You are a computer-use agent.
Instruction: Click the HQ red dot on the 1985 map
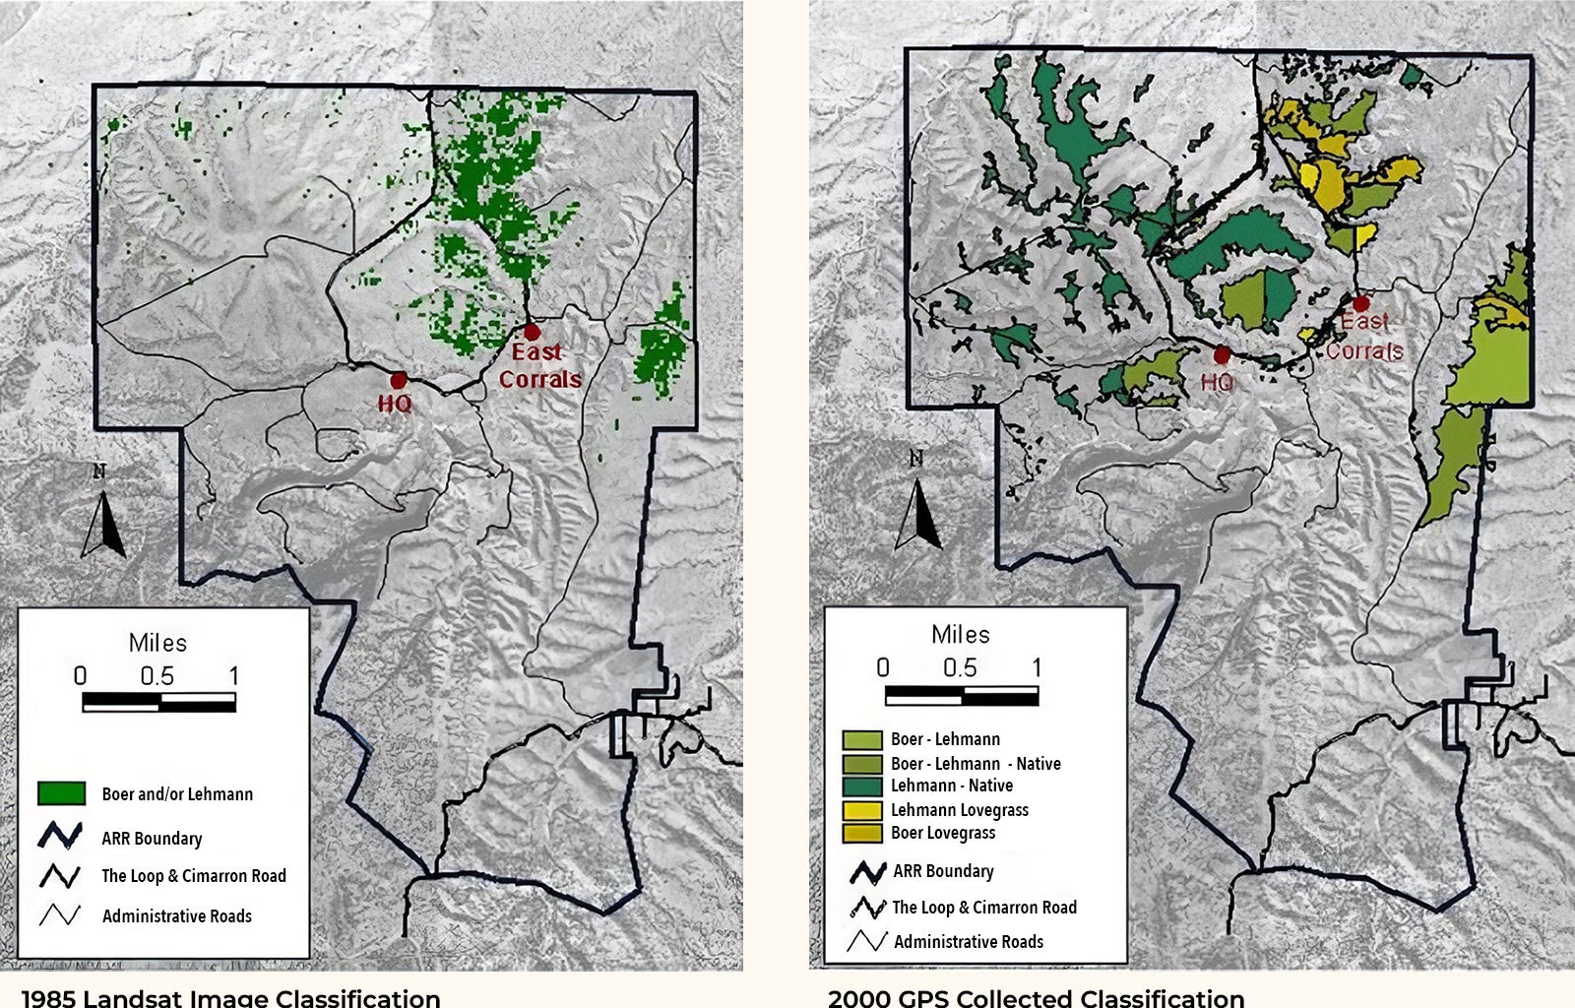(x=399, y=380)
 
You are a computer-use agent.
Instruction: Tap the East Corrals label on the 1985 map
(x=539, y=365)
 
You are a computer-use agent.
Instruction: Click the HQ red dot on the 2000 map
(x=1223, y=355)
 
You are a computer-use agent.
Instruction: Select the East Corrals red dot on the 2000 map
(x=1361, y=304)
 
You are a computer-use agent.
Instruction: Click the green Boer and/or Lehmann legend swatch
(x=61, y=793)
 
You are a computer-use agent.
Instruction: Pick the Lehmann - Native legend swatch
(x=862, y=786)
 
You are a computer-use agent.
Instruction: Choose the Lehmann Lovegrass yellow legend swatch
(x=862, y=810)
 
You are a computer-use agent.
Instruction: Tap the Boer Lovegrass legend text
(x=943, y=833)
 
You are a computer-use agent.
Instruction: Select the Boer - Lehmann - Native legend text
(x=976, y=763)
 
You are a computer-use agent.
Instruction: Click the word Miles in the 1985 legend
(x=157, y=643)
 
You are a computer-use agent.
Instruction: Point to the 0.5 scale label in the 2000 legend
(x=960, y=667)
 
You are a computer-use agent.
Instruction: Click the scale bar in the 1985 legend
(x=159, y=702)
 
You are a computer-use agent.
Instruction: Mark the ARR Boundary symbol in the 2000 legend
(x=867, y=871)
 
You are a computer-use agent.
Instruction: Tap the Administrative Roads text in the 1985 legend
(x=177, y=916)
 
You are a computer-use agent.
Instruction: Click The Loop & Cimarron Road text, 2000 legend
(x=984, y=908)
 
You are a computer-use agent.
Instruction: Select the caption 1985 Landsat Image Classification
(x=230, y=997)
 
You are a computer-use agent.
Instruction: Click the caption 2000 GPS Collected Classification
(x=1036, y=997)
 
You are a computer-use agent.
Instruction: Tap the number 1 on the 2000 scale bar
(x=1037, y=667)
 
